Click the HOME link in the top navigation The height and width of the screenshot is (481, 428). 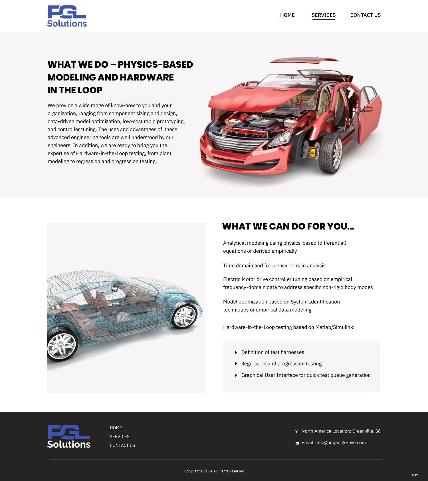pyautogui.click(x=287, y=15)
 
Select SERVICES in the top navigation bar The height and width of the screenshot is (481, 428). pyautogui.click(x=324, y=15)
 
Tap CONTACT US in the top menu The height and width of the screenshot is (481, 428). pyautogui.click(x=366, y=15)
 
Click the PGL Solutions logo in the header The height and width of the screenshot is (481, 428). pyautogui.click(x=67, y=16)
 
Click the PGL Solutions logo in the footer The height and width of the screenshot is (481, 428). pyautogui.click(x=69, y=436)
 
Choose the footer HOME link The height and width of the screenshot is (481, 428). pyautogui.click(x=116, y=428)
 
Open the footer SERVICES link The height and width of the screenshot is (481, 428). pyautogui.click(x=120, y=436)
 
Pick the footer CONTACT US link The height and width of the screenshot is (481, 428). pyautogui.click(x=122, y=445)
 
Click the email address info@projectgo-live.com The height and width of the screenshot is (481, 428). pyautogui.click(x=341, y=442)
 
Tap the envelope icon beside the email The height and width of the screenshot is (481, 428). pyautogui.click(x=297, y=443)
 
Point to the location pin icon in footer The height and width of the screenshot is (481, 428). pyautogui.click(x=296, y=431)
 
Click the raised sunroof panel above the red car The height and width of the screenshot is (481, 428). pyautogui.click(x=304, y=60)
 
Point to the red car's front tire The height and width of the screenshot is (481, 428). pyautogui.click(x=331, y=153)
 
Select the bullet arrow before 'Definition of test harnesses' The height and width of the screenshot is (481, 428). pyautogui.click(x=236, y=352)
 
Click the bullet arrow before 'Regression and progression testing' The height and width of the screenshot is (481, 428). pyautogui.click(x=236, y=364)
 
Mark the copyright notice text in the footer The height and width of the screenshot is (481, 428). pyautogui.click(x=214, y=471)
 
